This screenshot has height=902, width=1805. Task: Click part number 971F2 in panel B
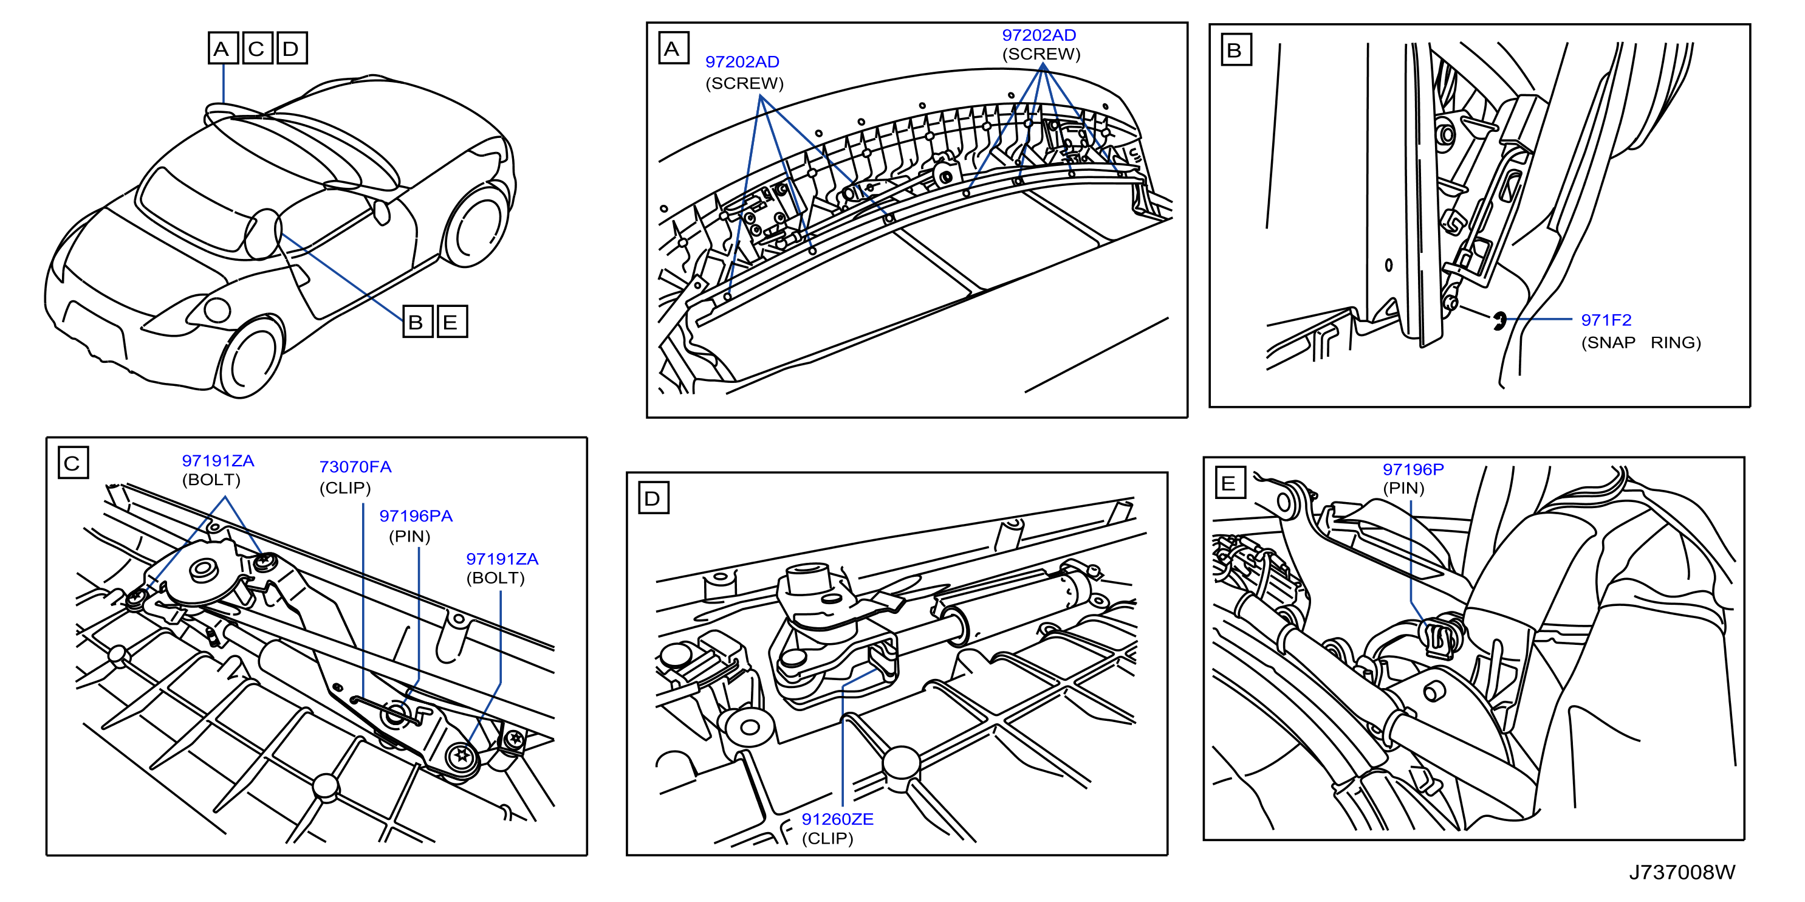tap(1606, 320)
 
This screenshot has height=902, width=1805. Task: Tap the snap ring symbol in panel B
tap(1499, 321)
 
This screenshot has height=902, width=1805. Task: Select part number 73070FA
tap(355, 467)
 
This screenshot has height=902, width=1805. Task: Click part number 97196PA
tap(416, 516)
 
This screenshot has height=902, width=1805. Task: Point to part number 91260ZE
tap(837, 819)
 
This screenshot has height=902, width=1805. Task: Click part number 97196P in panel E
tap(1413, 470)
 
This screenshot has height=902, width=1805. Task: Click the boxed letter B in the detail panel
tap(1236, 50)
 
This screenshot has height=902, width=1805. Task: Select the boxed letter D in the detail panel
tap(653, 498)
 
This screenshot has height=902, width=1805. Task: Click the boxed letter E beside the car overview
tap(452, 322)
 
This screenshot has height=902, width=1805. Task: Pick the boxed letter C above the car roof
tap(257, 49)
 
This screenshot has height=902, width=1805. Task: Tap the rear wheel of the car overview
tap(476, 224)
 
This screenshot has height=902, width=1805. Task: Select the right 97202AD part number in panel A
tap(1038, 35)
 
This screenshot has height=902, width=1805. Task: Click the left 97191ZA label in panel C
tap(218, 461)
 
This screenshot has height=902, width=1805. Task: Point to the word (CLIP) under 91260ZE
tap(827, 839)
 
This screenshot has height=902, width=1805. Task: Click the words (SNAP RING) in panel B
tap(1640, 343)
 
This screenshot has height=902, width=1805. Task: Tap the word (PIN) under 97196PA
tap(409, 537)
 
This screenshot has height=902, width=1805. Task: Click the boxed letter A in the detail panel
tap(673, 49)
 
